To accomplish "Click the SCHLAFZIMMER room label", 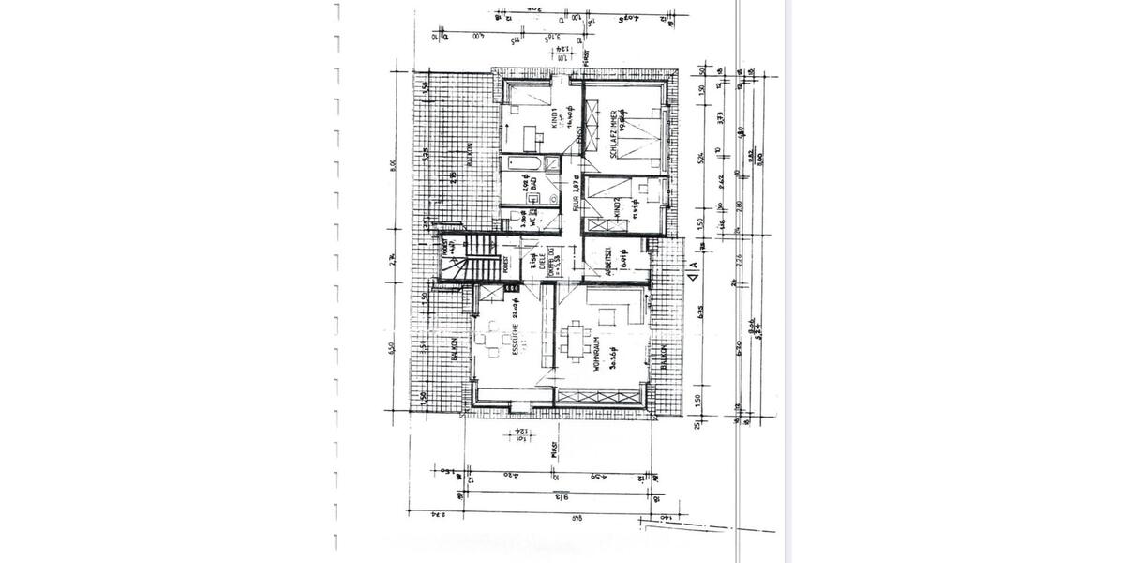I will pos(617,141).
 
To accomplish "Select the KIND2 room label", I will pos(618,207).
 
